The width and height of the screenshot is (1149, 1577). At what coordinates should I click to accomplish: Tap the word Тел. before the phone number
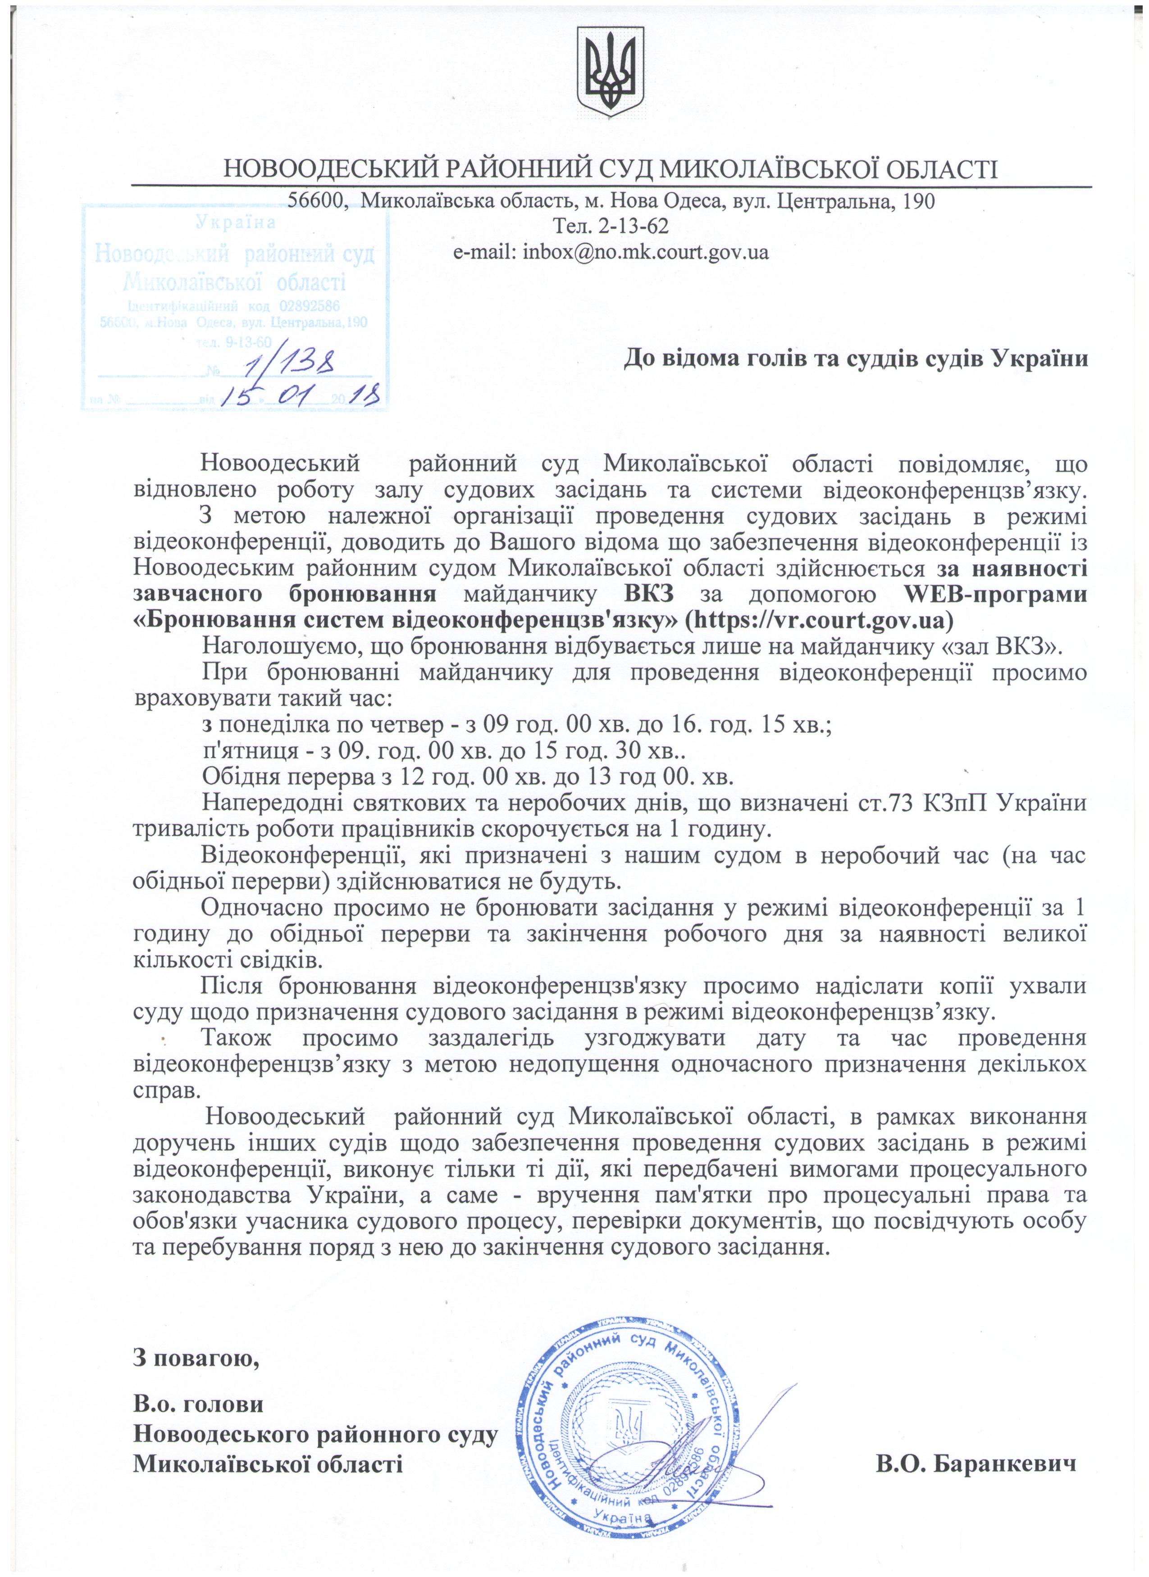tap(569, 227)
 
